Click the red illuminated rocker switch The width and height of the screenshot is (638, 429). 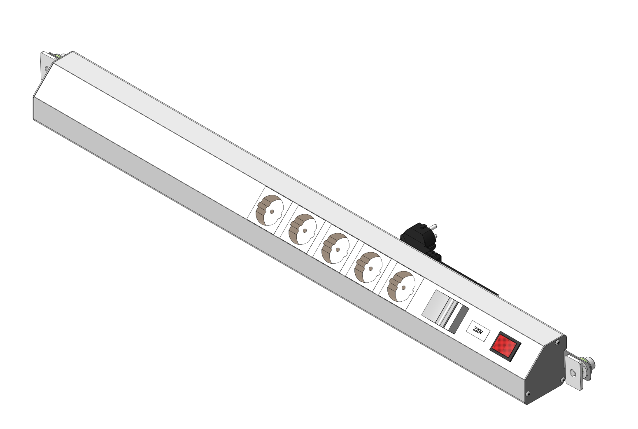pos(505,346)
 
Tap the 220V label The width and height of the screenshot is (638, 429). pos(478,331)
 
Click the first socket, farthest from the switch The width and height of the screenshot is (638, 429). pos(270,210)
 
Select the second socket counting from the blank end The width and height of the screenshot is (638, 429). pos(302,229)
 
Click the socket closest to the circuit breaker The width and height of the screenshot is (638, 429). pos(401,286)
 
